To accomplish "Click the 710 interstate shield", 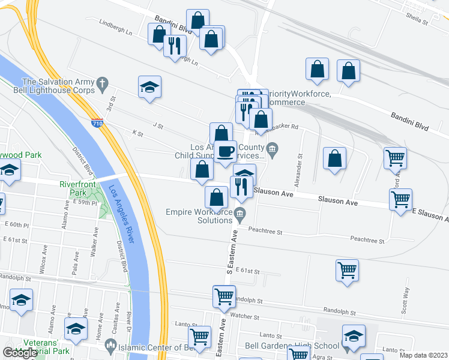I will [x=97, y=122].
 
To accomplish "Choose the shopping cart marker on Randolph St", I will [x=224, y=296].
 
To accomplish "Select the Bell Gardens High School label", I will [x=292, y=346].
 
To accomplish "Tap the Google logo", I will [x=19, y=353].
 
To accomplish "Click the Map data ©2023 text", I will [x=424, y=355].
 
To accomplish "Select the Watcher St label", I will [x=244, y=317].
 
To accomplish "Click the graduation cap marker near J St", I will [x=149, y=86].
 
